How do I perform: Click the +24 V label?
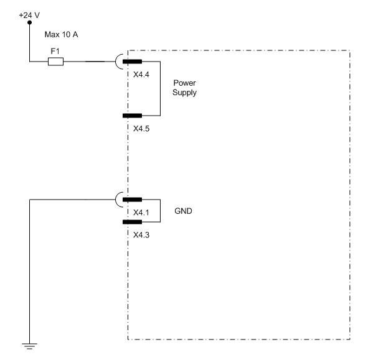point(29,14)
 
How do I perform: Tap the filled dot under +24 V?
point(29,24)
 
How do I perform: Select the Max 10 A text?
point(60,35)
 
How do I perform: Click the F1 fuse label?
point(54,51)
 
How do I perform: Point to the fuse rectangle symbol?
point(55,62)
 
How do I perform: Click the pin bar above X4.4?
point(132,62)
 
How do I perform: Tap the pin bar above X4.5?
point(132,116)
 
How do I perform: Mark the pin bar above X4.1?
point(132,200)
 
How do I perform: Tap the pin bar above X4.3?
point(132,221)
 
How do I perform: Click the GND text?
point(184,211)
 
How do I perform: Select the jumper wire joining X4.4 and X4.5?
point(161,88)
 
